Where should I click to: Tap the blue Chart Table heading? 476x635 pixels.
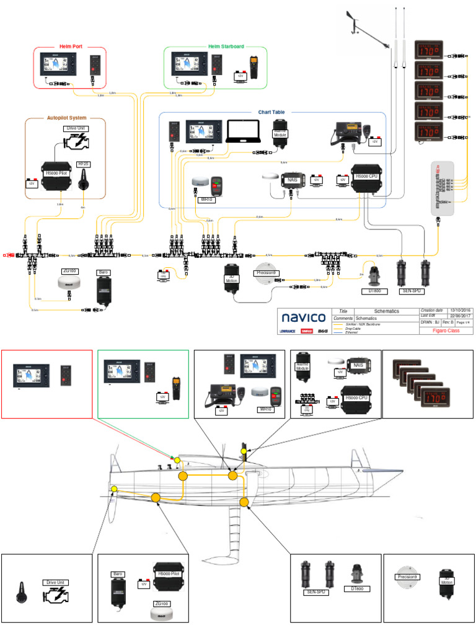click(272, 112)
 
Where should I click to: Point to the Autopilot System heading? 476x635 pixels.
click(66, 117)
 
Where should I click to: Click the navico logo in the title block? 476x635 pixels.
click(304, 317)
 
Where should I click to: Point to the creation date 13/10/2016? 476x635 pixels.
click(460, 310)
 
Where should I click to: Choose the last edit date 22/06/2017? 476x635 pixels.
click(460, 316)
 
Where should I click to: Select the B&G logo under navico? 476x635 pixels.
click(322, 331)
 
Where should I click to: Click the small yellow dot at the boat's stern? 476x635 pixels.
click(113, 490)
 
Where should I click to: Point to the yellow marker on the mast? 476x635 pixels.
click(244, 450)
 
